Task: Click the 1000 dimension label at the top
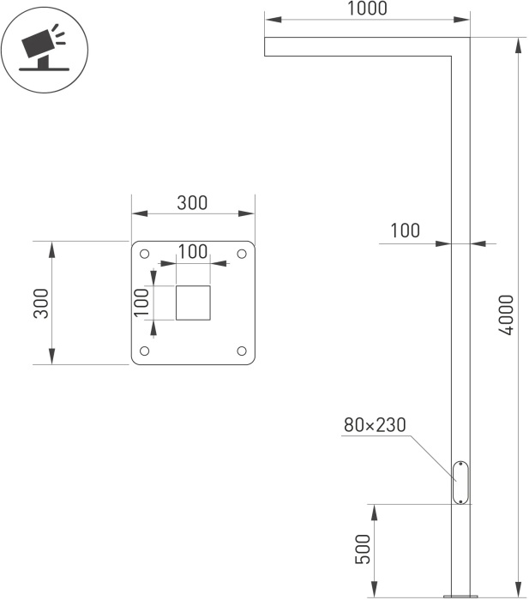point(367,9)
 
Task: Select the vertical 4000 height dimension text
point(507,315)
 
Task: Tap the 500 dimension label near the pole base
point(363,549)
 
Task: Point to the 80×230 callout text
point(375,425)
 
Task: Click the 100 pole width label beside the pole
point(405,231)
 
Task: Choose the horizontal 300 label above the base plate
point(192,203)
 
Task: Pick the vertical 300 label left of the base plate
point(41,303)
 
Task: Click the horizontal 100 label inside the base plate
point(193,251)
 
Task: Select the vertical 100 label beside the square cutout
point(141,303)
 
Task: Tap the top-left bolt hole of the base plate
point(144,254)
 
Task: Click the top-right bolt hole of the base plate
point(242,254)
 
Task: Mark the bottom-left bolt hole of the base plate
point(144,351)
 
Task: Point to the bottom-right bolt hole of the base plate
point(242,351)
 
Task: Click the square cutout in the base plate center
point(193,303)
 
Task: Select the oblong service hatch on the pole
point(460,483)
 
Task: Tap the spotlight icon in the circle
point(45,48)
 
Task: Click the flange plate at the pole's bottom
point(460,597)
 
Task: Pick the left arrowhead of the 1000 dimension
point(273,20)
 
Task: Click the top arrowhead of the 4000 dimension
point(518,46)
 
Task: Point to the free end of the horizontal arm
point(264,46)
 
